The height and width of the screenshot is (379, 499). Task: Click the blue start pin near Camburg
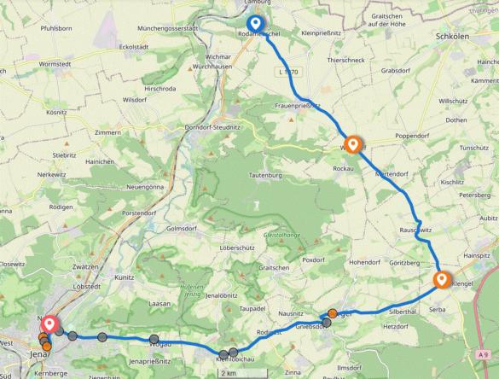pos(255,24)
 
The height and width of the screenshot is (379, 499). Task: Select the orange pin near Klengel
pos(442,279)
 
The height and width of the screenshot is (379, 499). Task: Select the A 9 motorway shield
pos(484,354)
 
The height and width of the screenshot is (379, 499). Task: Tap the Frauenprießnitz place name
pos(299,105)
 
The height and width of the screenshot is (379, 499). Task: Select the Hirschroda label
pos(162,87)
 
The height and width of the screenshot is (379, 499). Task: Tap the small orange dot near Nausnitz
pos(332,313)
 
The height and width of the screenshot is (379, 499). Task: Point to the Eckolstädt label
pos(112,45)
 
